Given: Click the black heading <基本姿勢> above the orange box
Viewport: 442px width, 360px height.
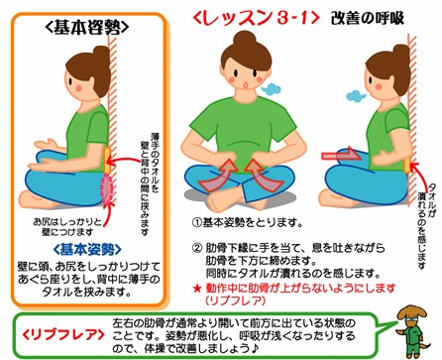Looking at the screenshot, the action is point(86,29).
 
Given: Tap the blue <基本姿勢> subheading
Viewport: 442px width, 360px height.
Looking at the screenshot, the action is point(87,250).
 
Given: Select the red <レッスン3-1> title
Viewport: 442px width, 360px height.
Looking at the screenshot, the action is point(256,18).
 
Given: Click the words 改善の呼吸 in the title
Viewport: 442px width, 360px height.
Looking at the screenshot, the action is point(368,18).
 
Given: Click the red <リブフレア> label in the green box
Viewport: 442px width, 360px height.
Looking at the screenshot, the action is point(63,335).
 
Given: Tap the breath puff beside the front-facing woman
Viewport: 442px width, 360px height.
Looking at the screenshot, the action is point(271,88).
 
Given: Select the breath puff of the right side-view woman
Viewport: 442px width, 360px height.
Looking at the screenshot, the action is point(356,95).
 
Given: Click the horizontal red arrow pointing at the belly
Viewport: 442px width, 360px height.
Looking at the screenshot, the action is point(341,156).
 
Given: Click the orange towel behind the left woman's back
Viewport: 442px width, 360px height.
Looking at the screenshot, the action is point(107,161).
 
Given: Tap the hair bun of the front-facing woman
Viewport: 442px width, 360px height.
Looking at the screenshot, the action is point(245,39).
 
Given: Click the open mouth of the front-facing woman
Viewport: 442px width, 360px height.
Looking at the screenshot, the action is point(246,85).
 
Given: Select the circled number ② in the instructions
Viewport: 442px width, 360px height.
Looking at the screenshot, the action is point(197,248).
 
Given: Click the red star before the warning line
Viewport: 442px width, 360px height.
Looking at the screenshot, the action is point(197,289).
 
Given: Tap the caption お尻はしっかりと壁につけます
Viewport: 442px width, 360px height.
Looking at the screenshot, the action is point(67,227).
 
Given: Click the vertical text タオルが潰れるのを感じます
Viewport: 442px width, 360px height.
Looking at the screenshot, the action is point(426,227).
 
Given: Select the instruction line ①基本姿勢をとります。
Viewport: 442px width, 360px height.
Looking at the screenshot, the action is point(248,223).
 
